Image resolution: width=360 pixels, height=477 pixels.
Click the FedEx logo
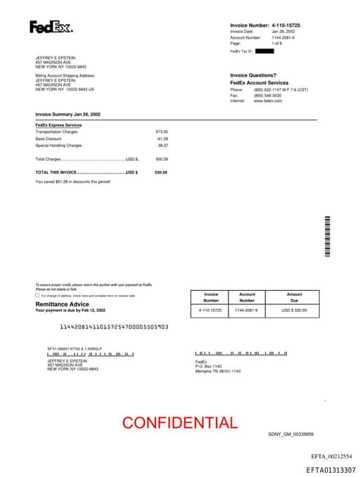point(51,27)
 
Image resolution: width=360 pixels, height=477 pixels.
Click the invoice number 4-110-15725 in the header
point(290,25)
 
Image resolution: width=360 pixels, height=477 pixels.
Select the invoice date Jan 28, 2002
point(283,32)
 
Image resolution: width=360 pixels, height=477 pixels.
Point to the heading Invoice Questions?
point(253,75)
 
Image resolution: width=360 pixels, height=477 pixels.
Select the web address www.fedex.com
point(268,101)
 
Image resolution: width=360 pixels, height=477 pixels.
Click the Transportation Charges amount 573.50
point(162,132)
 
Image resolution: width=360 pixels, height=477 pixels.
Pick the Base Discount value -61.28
point(162,139)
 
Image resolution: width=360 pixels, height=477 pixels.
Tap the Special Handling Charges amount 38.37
point(162,146)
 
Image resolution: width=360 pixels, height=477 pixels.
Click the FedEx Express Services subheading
point(58,125)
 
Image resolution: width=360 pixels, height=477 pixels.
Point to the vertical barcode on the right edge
point(327,237)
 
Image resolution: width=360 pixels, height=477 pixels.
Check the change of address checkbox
point(37,295)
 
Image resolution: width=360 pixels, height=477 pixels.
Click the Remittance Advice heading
point(62,304)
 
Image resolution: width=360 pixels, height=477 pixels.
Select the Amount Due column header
point(294,297)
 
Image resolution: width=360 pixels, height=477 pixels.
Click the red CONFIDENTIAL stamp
point(180,422)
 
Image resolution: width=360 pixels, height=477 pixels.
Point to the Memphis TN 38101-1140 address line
point(217,371)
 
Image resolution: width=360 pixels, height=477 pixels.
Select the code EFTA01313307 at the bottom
point(330,470)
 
